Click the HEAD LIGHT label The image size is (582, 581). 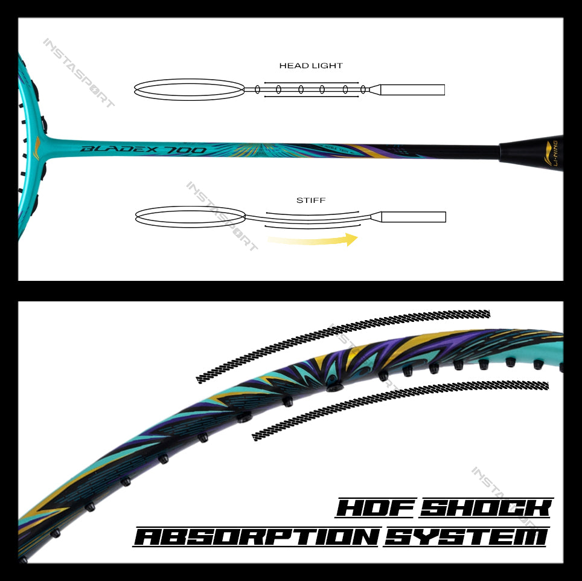(311, 65)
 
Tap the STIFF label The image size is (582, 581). (311, 200)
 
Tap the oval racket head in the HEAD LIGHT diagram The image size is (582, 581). (189, 89)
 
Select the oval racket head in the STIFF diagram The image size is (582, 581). (190, 216)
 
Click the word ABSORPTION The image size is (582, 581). (257, 536)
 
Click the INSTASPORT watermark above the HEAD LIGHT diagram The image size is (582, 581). (78, 73)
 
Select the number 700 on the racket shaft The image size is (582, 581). (190, 150)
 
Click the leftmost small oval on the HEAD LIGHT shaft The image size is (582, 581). (258, 89)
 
